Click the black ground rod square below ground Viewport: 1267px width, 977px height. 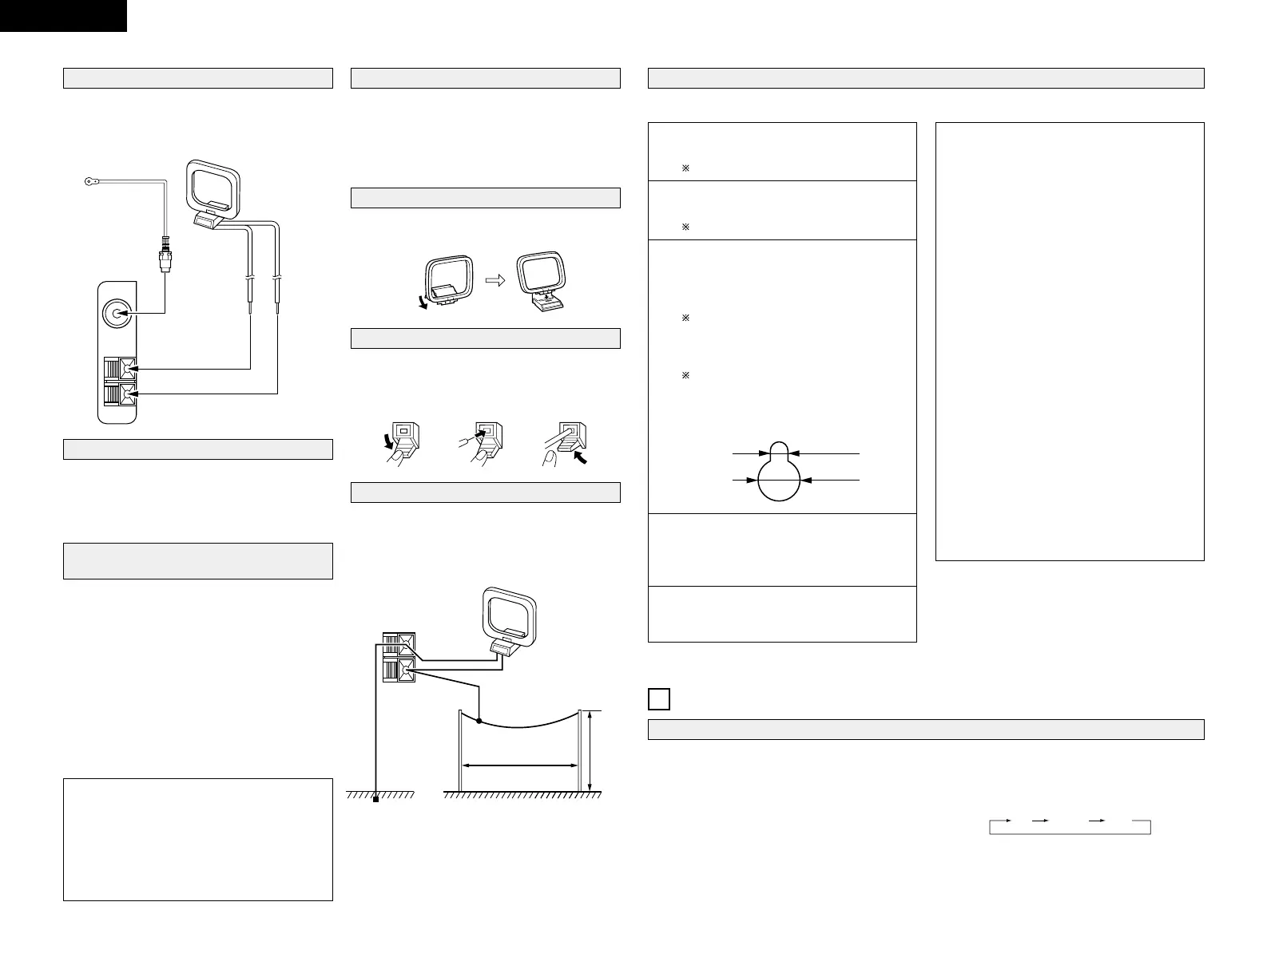tap(374, 800)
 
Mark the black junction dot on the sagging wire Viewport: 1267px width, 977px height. tap(479, 722)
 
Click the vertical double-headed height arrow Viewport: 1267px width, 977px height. tap(590, 750)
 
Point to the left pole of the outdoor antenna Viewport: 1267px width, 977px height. tap(459, 750)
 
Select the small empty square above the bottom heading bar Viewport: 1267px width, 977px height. tap(658, 699)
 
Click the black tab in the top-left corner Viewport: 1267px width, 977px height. tap(63, 15)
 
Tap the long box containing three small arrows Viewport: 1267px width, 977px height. tap(1070, 827)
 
